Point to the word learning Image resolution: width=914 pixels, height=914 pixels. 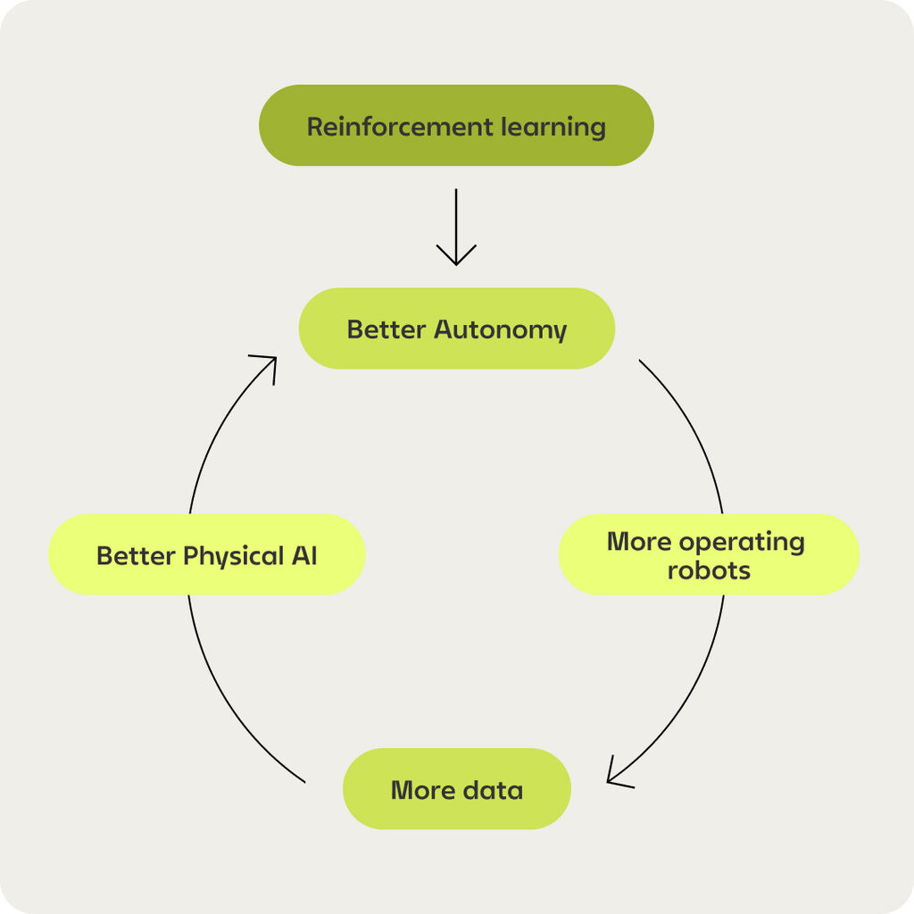click(x=553, y=127)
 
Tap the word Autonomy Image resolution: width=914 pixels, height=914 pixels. click(x=500, y=330)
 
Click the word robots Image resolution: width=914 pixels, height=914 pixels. click(x=709, y=569)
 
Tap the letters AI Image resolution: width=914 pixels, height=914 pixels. click(x=303, y=556)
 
